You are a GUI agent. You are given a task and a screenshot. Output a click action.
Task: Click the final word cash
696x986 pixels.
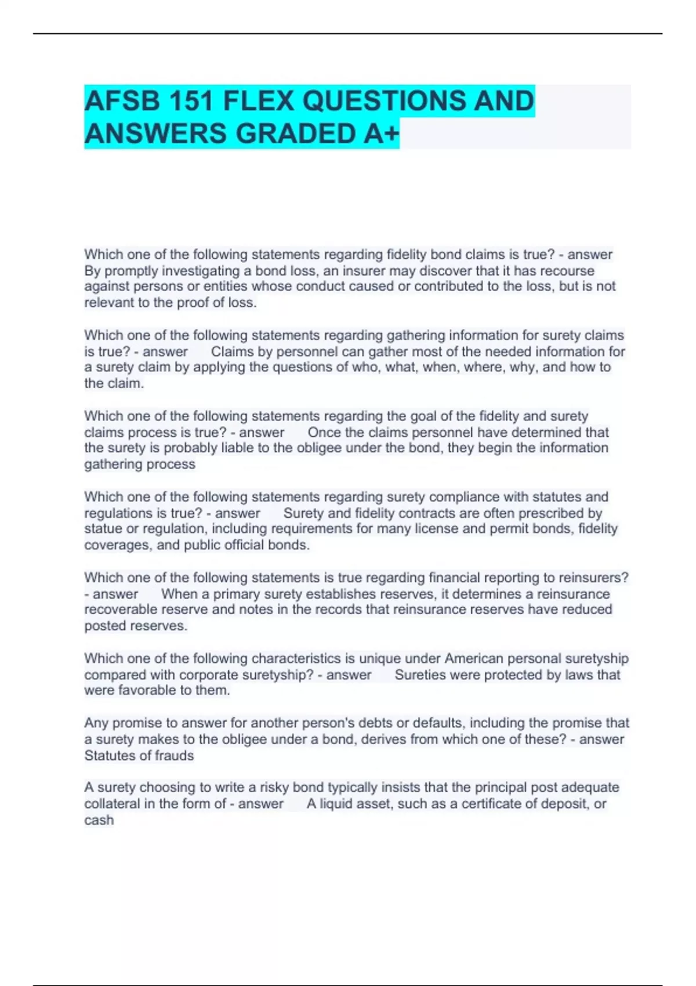[99, 820]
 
